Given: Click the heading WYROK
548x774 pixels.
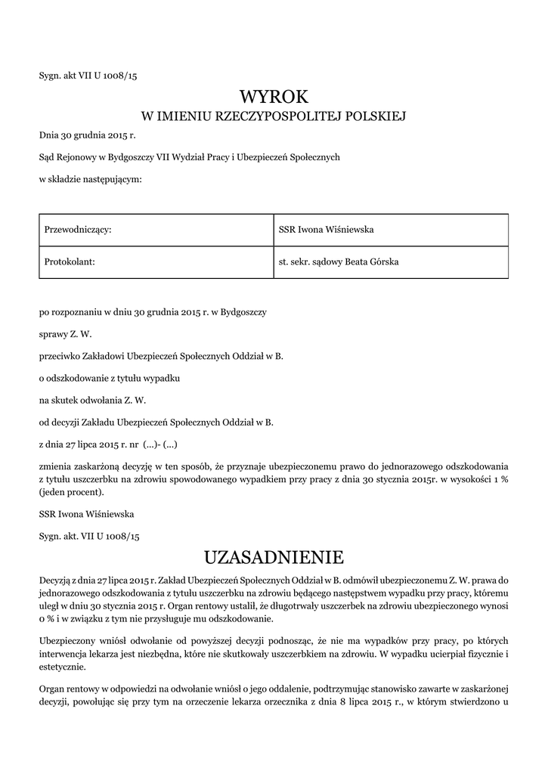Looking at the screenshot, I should pyautogui.click(x=274, y=96).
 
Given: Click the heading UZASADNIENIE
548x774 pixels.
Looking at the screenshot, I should pyautogui.click(x=274, y=558).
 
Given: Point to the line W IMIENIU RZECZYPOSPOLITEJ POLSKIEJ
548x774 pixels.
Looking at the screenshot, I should pyautogui.click(x=274, y=116).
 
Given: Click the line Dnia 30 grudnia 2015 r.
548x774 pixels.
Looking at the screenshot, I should pyautogui.click(x=87, y=136).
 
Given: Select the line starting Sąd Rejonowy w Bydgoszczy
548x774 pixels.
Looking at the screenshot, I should pyautogui.click(x=190, y=157).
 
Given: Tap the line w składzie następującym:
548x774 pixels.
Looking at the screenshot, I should pyautogui.click(x=90, y=178).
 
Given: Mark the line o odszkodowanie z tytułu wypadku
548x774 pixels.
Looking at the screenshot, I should pyautogui.click(x=109, y=376).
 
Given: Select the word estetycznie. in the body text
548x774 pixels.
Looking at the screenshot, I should pyautogui.click(x=62, y=667).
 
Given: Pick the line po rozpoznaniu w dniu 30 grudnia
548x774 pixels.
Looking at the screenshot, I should pyautogui.click(x=157, y=311).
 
